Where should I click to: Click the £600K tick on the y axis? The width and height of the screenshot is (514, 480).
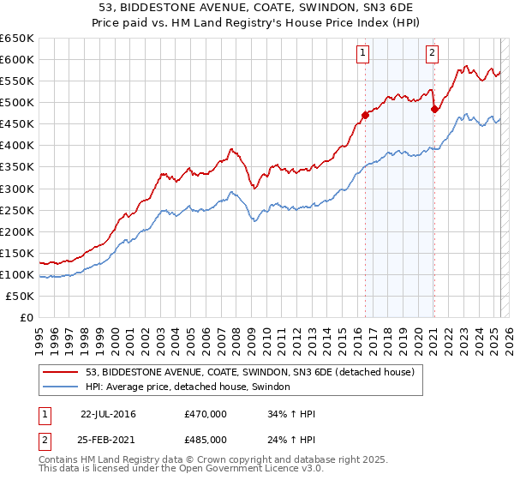pos(17,59)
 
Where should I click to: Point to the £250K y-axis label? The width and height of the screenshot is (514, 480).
pos(17,210)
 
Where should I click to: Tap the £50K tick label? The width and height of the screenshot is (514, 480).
pos(21,296)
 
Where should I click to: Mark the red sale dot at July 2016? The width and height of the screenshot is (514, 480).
pos(365,114)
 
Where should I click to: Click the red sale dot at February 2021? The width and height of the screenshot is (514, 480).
pos(434,108)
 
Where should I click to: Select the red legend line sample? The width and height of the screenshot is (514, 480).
pos(62,372)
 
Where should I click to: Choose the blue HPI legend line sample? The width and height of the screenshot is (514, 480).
pos(62,387)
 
